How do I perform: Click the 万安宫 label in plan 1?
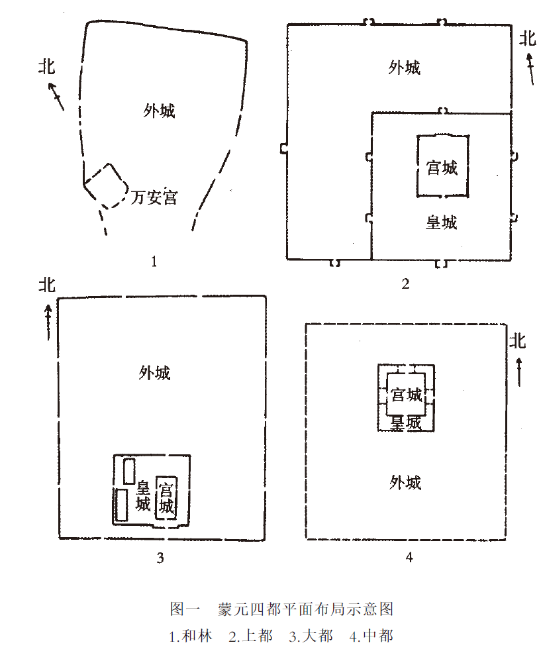(154, 197)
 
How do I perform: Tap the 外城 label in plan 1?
(159, 111)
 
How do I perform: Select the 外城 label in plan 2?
(404, 68)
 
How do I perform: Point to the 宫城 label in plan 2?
(442, 168)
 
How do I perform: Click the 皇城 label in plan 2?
(441, 222)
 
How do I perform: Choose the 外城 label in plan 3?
(154, 373)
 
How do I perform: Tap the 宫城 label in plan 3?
(166, 499)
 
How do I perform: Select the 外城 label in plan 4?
(405, 482)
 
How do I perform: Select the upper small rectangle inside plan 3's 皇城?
(129, 470)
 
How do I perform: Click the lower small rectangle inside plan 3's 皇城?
(121, 505)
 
